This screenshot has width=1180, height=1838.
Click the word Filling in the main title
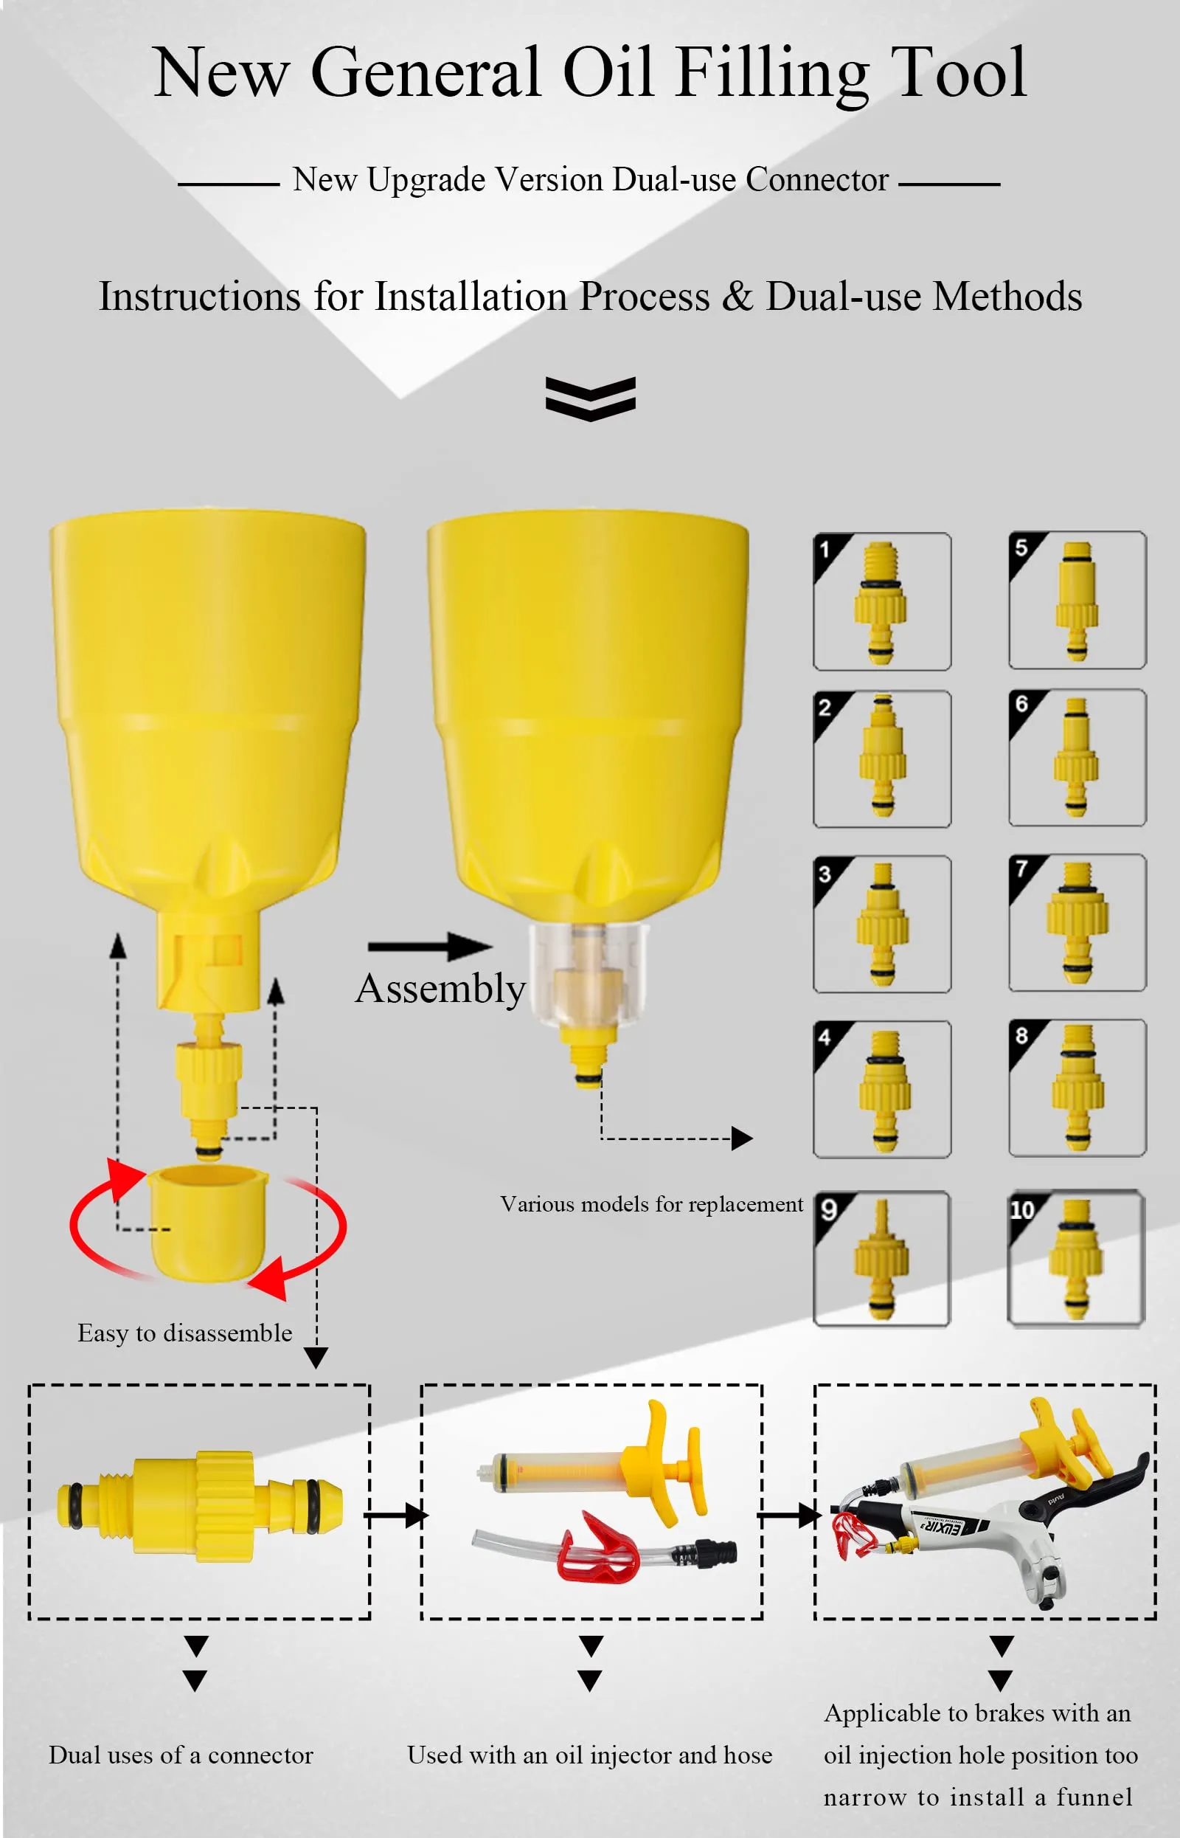[772, 75]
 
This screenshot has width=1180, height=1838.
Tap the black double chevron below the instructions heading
[590, 398]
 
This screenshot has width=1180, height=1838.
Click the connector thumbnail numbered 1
[882, 601]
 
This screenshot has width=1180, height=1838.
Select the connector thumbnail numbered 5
[1077, 600]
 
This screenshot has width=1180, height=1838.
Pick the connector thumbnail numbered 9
[881, 1259]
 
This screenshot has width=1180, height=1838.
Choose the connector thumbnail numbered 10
[1077, 1258]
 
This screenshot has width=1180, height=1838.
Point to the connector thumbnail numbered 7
[1077, 923]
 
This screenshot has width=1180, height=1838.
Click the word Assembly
[440, 989]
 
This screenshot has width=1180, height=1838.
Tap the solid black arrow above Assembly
[430, 947]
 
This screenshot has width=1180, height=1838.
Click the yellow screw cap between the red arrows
[208, 1223]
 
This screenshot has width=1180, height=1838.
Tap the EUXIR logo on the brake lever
[940, 1524]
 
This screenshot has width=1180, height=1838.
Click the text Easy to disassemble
[184, 1333]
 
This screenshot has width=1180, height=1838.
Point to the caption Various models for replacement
[651, 1205]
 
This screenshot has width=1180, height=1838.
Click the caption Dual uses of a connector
[181, 1755]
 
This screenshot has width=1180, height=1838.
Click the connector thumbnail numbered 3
[882, 925]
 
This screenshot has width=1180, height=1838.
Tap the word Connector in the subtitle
[817, 180]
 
